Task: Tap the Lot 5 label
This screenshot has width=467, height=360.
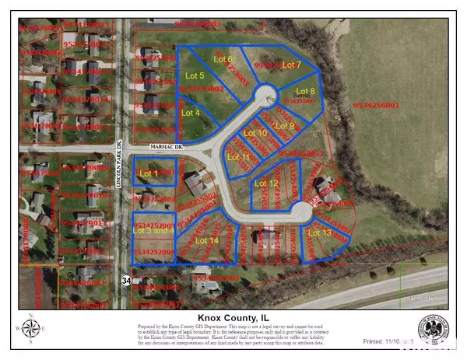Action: point(197,75)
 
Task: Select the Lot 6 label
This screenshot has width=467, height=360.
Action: point(223,59)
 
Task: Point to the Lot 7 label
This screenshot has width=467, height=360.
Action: point(291,65)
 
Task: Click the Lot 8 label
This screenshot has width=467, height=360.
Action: point(307,92)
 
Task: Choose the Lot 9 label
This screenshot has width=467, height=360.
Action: point(286,126)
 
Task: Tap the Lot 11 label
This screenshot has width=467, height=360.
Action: point(239,157)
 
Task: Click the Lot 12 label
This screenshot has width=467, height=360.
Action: point(267,183)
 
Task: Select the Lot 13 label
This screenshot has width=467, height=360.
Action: point(320,232)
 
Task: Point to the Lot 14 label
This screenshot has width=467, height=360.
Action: point(207,240)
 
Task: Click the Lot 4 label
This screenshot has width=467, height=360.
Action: point(191,113)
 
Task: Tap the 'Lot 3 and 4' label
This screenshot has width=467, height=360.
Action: point(154,230)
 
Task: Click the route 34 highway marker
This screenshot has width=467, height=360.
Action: point(126,278)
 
